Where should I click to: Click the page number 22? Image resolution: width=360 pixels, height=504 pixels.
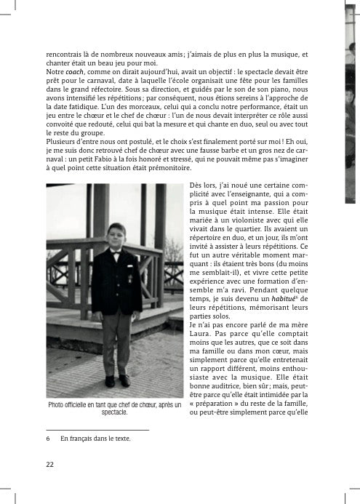(50, 464)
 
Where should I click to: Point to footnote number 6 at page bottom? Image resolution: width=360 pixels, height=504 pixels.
(48, 439)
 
